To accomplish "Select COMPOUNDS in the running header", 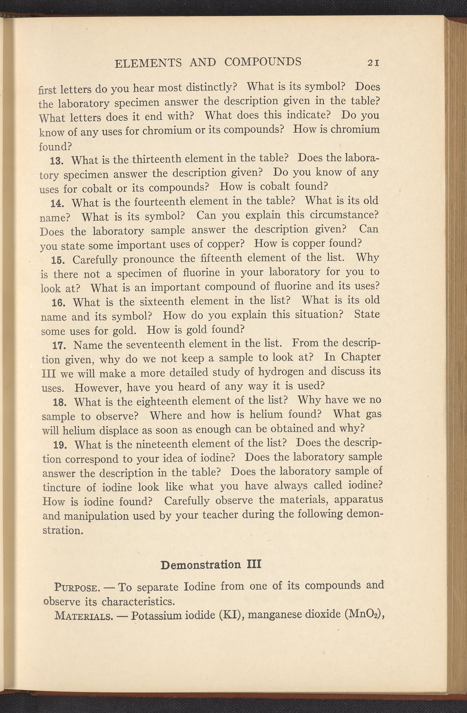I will pyautogui.click(x=263, y=62).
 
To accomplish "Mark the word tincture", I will pyautogui.click(x=61, y=487).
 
